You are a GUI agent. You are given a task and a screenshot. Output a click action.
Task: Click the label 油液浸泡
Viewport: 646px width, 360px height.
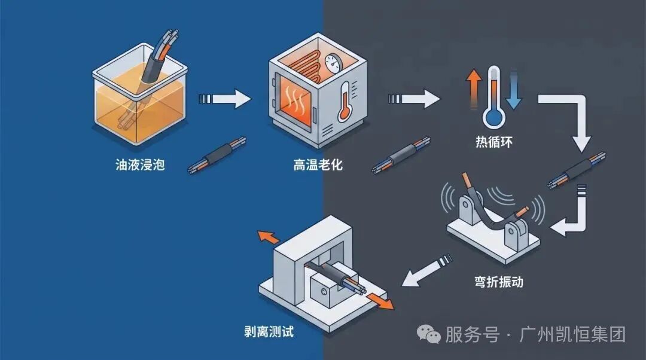pyautogui.click(x=140, y=165)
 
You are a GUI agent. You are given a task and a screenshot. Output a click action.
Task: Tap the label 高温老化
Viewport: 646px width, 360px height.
pyautogui.click(x=318, y=165)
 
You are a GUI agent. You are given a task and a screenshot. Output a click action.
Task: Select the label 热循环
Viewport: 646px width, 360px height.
pyautogui.click(x=494, y=142)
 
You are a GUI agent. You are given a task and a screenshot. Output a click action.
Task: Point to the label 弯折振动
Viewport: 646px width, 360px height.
pyautogui.click(x=498, y=282)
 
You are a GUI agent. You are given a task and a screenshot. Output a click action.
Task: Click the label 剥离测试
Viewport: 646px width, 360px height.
pyautogui.click(x=269, y=331)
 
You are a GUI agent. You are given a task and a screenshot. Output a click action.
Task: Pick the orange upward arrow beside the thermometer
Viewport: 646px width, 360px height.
pyautogui.click(x=474, y=89)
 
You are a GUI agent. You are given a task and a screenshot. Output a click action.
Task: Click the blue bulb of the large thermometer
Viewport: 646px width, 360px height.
pyautogui.click(x=493, y=117)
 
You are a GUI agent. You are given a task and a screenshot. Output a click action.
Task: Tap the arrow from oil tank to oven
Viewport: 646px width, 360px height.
pyautogui.click(x=225, y=99)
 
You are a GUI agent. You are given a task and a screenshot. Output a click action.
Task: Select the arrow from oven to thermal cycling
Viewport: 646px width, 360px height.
pyautogui.click(x=414, y=99)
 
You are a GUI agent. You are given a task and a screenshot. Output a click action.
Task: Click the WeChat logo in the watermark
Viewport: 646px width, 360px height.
pyautogui.click(x=428, y=333)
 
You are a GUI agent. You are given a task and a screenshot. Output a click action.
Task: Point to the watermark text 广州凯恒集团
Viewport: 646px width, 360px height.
pyautogui.click(x=572, y=334)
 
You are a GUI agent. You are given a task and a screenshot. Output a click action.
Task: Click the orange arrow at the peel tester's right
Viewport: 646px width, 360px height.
pyautogui.click(x=380, y=301)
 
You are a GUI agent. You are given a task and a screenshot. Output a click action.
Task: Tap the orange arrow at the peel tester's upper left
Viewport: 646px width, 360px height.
pyautogui.click(x=267, y=237)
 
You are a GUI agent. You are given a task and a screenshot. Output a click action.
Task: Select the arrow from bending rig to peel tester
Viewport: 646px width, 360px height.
pyautogui.click(x=427, y=270)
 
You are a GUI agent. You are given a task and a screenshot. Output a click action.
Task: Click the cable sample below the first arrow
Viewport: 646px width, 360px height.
pyautogui.click(x=217, y=155)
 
